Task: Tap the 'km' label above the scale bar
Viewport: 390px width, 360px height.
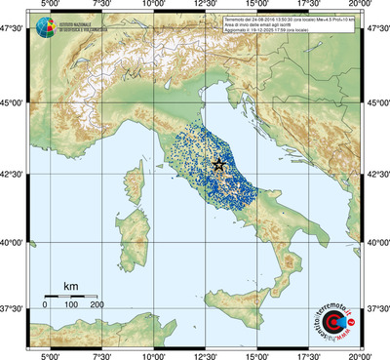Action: point(70,285)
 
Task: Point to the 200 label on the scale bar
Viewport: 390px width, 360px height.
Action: point(97,305)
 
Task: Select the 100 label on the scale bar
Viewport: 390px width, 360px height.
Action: point(71,305)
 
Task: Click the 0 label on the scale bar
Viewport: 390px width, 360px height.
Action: point(45,305)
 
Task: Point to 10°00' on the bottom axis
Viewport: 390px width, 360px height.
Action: point(153,354)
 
